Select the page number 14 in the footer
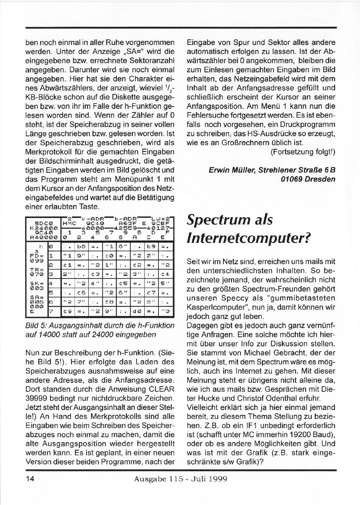[x=30, y=479]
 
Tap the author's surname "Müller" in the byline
[x=243, y=170]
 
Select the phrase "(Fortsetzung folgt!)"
[x=303, y=152]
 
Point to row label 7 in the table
[x=52, y=311]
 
